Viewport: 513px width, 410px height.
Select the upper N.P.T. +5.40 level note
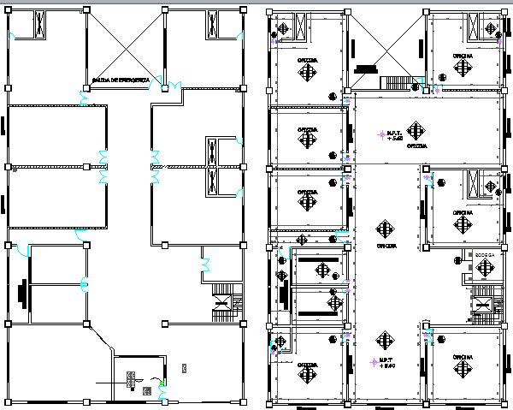click(x=394, y=134)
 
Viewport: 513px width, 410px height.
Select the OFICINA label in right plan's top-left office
click(x=306, y=59)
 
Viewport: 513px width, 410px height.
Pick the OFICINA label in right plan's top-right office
click(x=463, y=55)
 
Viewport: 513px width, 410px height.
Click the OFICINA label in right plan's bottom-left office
click(x=307, y=364)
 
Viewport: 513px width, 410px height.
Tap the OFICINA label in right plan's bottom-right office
click(x=463, y=357)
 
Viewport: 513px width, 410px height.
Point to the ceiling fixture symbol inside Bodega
click(x=484, y=269)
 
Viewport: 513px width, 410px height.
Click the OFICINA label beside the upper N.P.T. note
click(x=416, y=146)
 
